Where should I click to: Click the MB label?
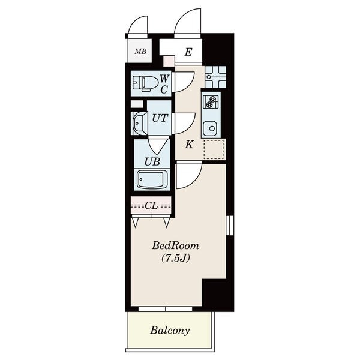click(140, 51)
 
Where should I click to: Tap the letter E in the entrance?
click(188, 52)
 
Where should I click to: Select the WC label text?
click(164, 84)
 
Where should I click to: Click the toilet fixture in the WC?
click(146, 83)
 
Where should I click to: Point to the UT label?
click(160, 118)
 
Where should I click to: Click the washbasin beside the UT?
click(140, 123)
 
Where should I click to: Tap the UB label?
click(152, 162)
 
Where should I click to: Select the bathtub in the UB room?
click(152, 179)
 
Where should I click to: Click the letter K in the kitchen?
click(189, 145)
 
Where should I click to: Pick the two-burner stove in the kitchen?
click(211, 102)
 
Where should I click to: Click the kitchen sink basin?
click(210, 128)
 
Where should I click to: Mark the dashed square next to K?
click(214, 149)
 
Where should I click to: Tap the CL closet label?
click(151, 206)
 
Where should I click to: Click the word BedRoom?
click(176, 245)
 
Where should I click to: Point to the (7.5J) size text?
click(176, 259)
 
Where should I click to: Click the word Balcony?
click(170, 331)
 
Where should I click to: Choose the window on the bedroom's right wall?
click(230, 226)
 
